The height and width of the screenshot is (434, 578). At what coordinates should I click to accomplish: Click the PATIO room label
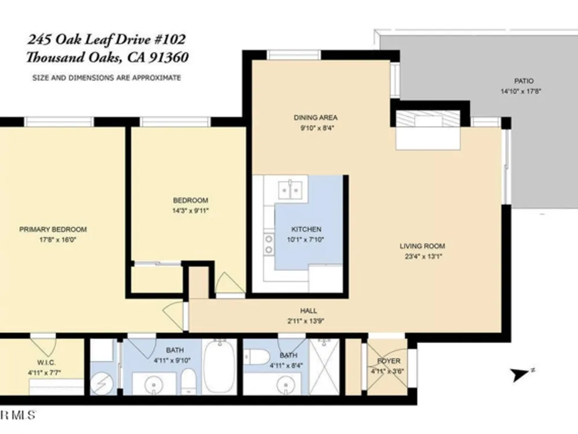[x=524, y=81]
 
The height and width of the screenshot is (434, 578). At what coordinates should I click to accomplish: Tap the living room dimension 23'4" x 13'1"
[x=423, y=256]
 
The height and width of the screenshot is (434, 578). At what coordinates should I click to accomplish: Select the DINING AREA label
[x=316, y=117]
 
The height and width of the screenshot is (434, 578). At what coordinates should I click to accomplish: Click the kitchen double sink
[x=290, y=190]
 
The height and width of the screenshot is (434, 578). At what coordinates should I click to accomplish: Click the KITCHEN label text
[x=306, y=229]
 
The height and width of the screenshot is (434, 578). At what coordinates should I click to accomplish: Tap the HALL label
[x=309, y=311]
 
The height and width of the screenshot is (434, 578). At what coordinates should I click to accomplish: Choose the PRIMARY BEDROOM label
[x=53, y=229]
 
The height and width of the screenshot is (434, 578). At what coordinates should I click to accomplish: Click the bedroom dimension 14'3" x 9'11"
[x=191, y=211]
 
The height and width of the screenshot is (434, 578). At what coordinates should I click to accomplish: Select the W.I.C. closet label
[x=46, y=363]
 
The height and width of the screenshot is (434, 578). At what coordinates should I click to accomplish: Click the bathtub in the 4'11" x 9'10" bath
[x=220, y=366]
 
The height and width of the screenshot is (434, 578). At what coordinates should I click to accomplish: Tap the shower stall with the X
[x=324, y=366]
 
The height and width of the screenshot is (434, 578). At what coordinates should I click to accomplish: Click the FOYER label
[x=389, y=361]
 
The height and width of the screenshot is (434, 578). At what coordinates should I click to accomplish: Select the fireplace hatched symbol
[x=428, y=119]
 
